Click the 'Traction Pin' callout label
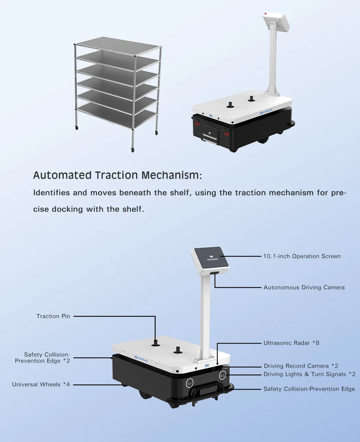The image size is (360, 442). pyautogui.click(x=53, y=316)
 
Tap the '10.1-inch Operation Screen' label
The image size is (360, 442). pyautogui.click(x=302, y=256)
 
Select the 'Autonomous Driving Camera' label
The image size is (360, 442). pyautogui.click(x=304, y=287)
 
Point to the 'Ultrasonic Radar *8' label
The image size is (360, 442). pyautogui.click(x=291, y=343)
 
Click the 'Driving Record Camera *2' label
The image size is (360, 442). pyautogui.click(x=301, y=366)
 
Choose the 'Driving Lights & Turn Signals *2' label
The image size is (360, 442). pyautogui.click(x=309, y=374)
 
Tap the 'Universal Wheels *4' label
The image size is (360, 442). pyautogui.click(x=41, y=384)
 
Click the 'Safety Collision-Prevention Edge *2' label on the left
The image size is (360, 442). pyautogui.click(x=43, y=358)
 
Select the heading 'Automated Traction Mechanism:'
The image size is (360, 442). pyautogui.click(x=117, y=175)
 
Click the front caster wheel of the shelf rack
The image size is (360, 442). pyautogui.click(x=133, y=150)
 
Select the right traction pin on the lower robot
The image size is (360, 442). pyautogui.click(x=178, y=349)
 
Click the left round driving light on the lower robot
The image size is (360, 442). pyautogui.click(x=190, y=383)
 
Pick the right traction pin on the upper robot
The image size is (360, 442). pyautogui.click(x=251, y=99)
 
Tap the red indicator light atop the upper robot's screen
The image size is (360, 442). pyautogui.click(x=265, y=13)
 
